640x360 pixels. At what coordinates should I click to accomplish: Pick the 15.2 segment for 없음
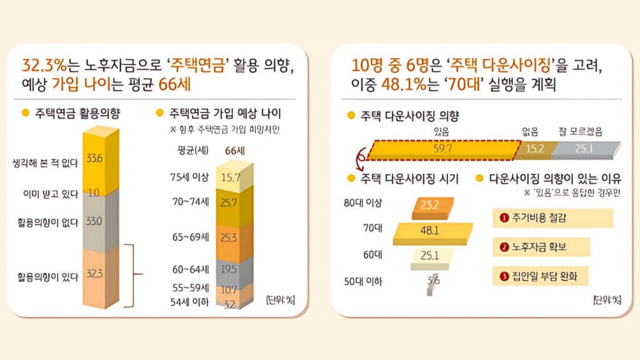tap(535, 149)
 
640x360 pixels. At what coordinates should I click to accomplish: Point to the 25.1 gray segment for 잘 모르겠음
tap(584, 149)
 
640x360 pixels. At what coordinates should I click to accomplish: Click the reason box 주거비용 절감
tap(552, 217)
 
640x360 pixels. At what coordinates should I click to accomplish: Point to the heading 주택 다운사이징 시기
tap(409, 179)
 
